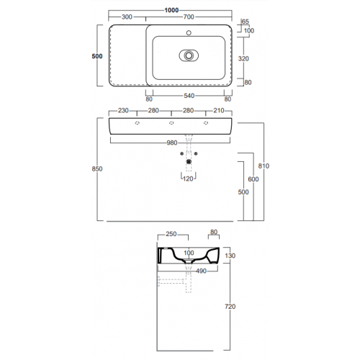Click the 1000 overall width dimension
coord(171,10)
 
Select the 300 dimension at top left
coord(127,17)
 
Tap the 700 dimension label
coord(189,17)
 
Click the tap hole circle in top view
coord(189,32)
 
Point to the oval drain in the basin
coord(189,55)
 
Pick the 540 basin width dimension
coord(189,96)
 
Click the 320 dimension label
coord(243,59)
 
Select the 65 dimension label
coord(246,22)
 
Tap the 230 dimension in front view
coord(123,111)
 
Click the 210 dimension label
coord(219,111)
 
